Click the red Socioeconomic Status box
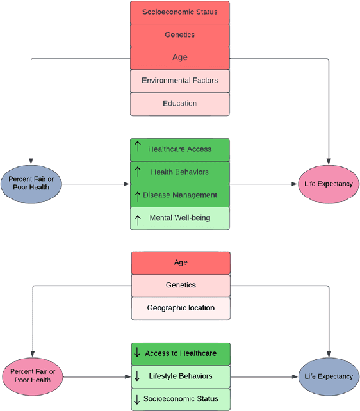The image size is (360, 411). point(180,12)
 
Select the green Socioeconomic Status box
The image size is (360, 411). point(180,399)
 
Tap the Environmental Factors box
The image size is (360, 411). point(180,81)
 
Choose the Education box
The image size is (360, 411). point(180,104)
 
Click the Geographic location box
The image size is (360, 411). point(180,308)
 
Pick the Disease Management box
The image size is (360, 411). point(180,195)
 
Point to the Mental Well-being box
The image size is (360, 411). point(180,218)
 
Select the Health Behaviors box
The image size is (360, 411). point(180,172)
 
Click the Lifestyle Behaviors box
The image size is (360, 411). point(180,376)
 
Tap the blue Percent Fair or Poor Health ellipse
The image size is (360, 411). point(31,183)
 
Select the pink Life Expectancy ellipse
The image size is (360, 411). point(329,184)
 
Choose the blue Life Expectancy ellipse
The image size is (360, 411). point(329,376)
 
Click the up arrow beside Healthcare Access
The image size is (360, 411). point(138,149)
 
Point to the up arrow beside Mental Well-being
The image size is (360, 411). point(138,218)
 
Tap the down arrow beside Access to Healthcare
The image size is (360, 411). point(136,353)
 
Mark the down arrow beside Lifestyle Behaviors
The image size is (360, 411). point(136,376)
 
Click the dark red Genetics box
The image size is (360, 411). point(180,35)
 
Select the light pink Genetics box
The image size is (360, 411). point(180,285)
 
